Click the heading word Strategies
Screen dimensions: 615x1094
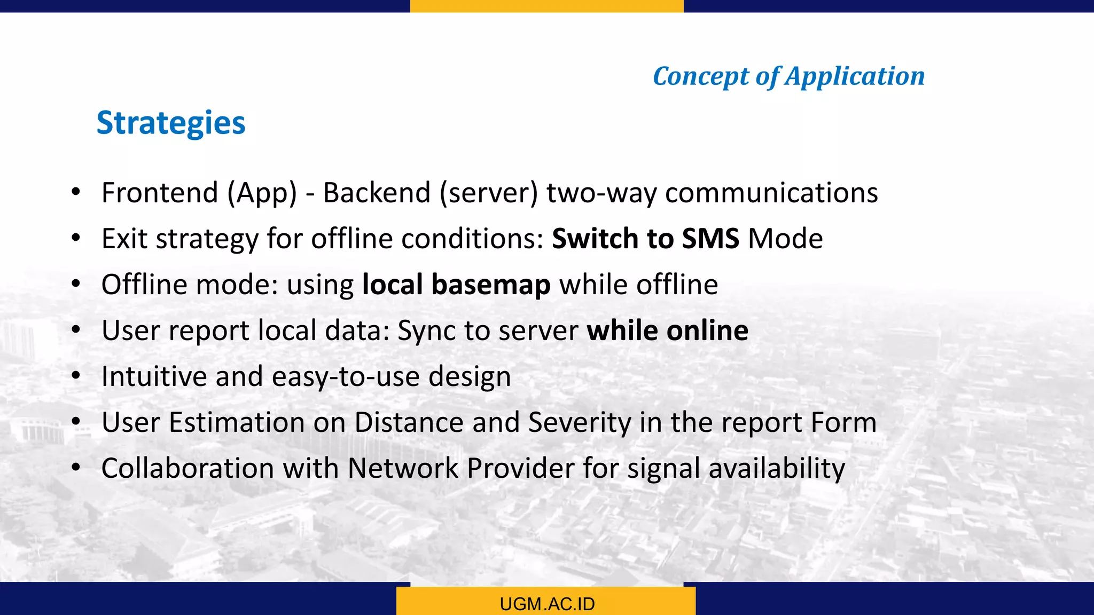[171, 123]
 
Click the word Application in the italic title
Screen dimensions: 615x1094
[855, 76]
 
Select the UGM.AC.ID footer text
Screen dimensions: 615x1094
[547, 604]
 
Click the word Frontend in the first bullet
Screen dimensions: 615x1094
[160, 193]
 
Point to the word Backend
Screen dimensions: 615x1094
[377, 193]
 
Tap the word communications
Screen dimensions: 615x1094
[771, 193]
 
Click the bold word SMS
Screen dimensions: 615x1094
[710, 239]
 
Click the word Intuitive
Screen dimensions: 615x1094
[154, 376]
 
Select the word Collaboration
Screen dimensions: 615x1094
[187, 468]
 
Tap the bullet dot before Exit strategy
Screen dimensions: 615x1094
[76, 238]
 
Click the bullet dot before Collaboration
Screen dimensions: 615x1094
[76, 468]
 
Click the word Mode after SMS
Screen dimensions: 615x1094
[785, 239]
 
